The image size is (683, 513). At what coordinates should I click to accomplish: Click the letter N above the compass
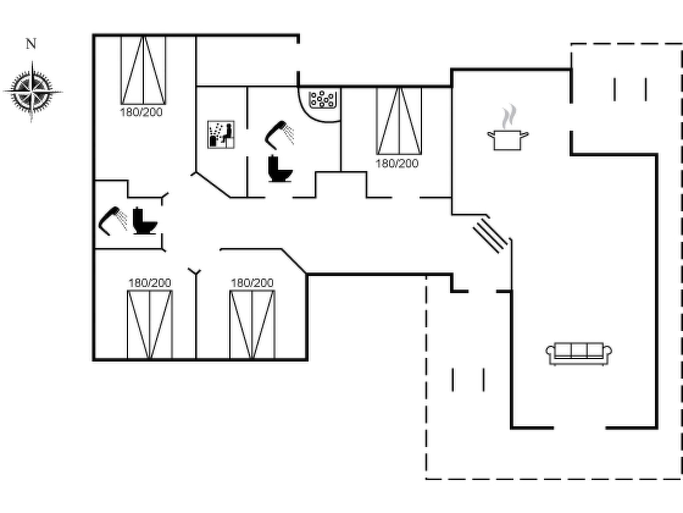tap(31, 44)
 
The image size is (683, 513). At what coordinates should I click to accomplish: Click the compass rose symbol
tap(32, 91)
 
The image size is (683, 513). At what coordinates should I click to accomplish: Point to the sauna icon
tap(221, 135)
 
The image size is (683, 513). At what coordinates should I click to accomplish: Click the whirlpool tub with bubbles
tap(322, 100)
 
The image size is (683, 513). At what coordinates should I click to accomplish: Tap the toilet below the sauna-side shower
tap(280, 169)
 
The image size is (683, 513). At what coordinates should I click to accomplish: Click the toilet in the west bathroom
tap(145, 221)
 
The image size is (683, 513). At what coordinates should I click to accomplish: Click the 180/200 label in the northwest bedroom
tap(141, 112)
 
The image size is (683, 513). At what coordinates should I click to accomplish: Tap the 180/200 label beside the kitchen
tap(397, 163)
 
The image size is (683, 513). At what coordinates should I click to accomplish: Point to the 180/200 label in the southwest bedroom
tap(150, 283)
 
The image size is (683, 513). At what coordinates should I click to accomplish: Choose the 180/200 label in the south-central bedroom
tap(252, 283)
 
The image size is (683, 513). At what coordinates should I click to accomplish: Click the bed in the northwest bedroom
tap(143, 70)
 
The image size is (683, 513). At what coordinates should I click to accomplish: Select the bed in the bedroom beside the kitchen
tap(399, 121)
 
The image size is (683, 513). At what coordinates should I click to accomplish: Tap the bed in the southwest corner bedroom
tap(150, 325)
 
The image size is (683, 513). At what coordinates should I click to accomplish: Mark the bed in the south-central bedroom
tap(252, 325)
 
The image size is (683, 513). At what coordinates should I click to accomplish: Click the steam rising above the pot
tap(509, 117)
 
